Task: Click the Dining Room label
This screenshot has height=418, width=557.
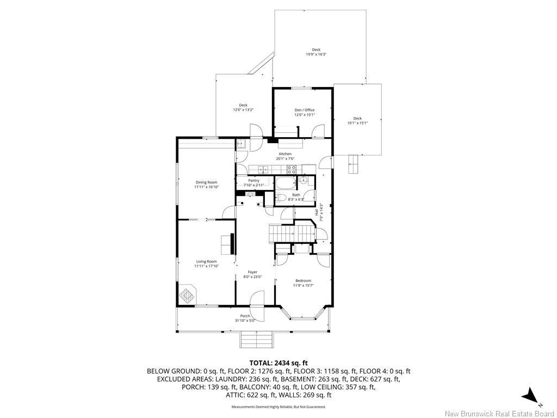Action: pos(206,182)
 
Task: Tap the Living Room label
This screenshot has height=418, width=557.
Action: pos(206,261)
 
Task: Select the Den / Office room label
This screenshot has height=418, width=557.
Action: pos(304,110)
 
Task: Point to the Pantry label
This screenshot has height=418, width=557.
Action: pos(253,181)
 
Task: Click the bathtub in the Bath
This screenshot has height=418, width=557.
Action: pos(286,182)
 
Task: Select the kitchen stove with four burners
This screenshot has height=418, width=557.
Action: pos(292,169)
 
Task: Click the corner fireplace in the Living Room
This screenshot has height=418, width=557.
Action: pos(188,296)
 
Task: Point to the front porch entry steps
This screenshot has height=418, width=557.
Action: pos(256,340)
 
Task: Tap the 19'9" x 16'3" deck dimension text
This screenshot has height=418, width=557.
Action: pos(315,54)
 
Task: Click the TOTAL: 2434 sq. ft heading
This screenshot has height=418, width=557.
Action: pos(278,362)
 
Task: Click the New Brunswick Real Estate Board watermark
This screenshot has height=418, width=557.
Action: pos(499,414)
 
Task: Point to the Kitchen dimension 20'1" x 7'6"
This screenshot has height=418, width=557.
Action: pos(285,158)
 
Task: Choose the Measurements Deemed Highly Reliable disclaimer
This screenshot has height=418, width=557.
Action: pos(278,407)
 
